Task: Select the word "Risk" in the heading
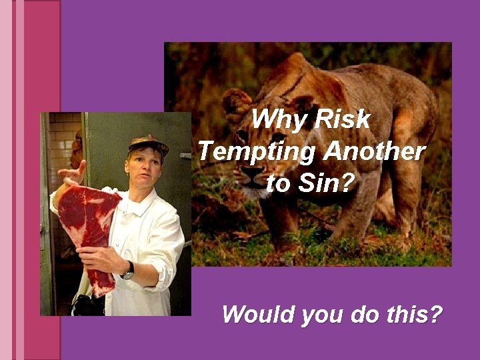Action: (x=341, y=120)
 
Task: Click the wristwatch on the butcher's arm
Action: (x=127, y=269)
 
